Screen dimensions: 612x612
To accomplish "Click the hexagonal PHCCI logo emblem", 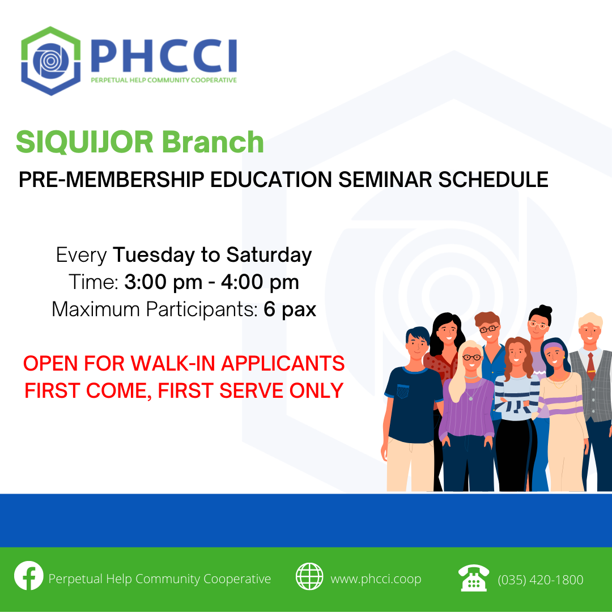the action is pos(51,61).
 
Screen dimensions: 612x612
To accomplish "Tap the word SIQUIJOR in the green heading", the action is pos(84,142).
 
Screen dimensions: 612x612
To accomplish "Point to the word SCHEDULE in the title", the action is pos(494,180).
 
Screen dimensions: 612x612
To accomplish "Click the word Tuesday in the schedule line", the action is pos(154,255).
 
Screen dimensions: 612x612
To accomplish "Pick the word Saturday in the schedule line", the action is pos(269,255).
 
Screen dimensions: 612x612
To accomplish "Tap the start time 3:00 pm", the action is pos(163,282).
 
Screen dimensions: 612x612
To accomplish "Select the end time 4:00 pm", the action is pos(260,282).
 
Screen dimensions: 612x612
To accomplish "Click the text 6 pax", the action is pos(290,309).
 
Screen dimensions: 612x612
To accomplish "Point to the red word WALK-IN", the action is pos(173,363).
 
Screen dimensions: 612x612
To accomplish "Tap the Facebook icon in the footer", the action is pos(28,576).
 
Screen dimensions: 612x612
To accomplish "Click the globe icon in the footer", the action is pos(309,576).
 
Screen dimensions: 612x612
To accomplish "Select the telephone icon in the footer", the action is pos(473,577).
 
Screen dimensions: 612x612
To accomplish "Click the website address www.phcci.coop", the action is pos(376,579).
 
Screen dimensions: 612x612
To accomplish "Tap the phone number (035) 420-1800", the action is pos(541,580).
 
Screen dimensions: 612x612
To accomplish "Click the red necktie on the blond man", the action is pos(591,366).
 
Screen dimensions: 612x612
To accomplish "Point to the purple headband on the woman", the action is pos(553,347).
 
